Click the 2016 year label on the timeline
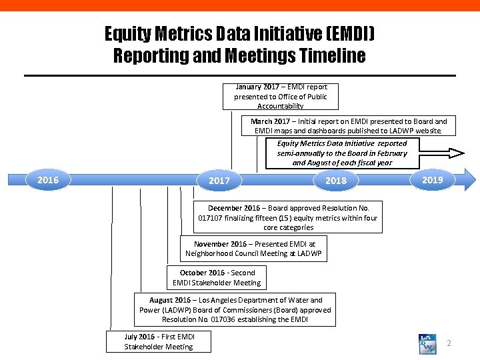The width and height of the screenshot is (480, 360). point(48,180)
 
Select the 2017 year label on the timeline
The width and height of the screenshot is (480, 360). point(219,181)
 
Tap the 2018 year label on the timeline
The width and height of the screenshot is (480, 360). point(335,181)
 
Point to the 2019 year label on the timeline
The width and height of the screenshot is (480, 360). point(433,180)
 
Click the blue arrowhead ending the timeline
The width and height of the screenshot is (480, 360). point(471,180)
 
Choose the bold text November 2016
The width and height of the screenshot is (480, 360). point(220,244)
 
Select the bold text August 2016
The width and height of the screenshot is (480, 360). point(170,300)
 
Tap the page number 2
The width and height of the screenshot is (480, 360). point(449,343)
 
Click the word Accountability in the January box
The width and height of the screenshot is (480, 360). point(280,106)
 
